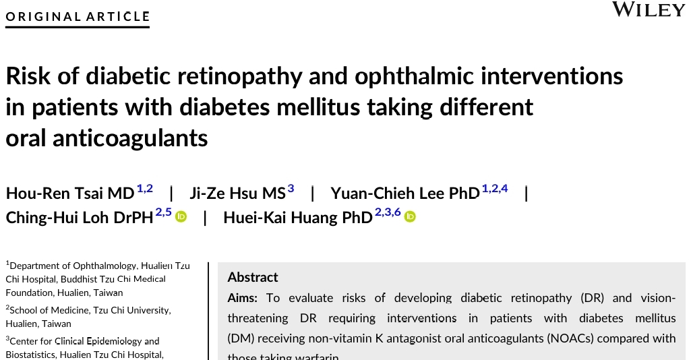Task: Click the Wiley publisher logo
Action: [648, 9]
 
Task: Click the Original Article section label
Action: [78, 17]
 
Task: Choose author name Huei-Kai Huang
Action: [283, 218]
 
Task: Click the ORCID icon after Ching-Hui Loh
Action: [181, 216]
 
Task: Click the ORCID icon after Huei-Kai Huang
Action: [410, 216]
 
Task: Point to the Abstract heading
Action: [253, 277]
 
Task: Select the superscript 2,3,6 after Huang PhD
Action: [388, 213]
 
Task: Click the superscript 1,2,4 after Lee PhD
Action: [494, 189]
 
